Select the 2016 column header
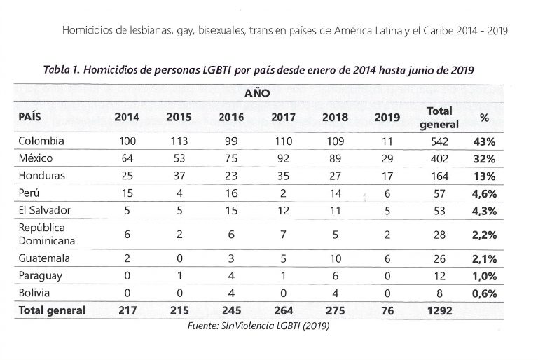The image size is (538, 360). pos(231,117)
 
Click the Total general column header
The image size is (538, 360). pos(439,117)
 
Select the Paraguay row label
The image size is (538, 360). pos(41,275)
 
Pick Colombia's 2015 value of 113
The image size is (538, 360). pos(179,141)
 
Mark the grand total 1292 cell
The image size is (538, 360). pos(439,310)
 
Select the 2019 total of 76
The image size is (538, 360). pos(387,310)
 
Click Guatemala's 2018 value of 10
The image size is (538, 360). pos(335,258)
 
